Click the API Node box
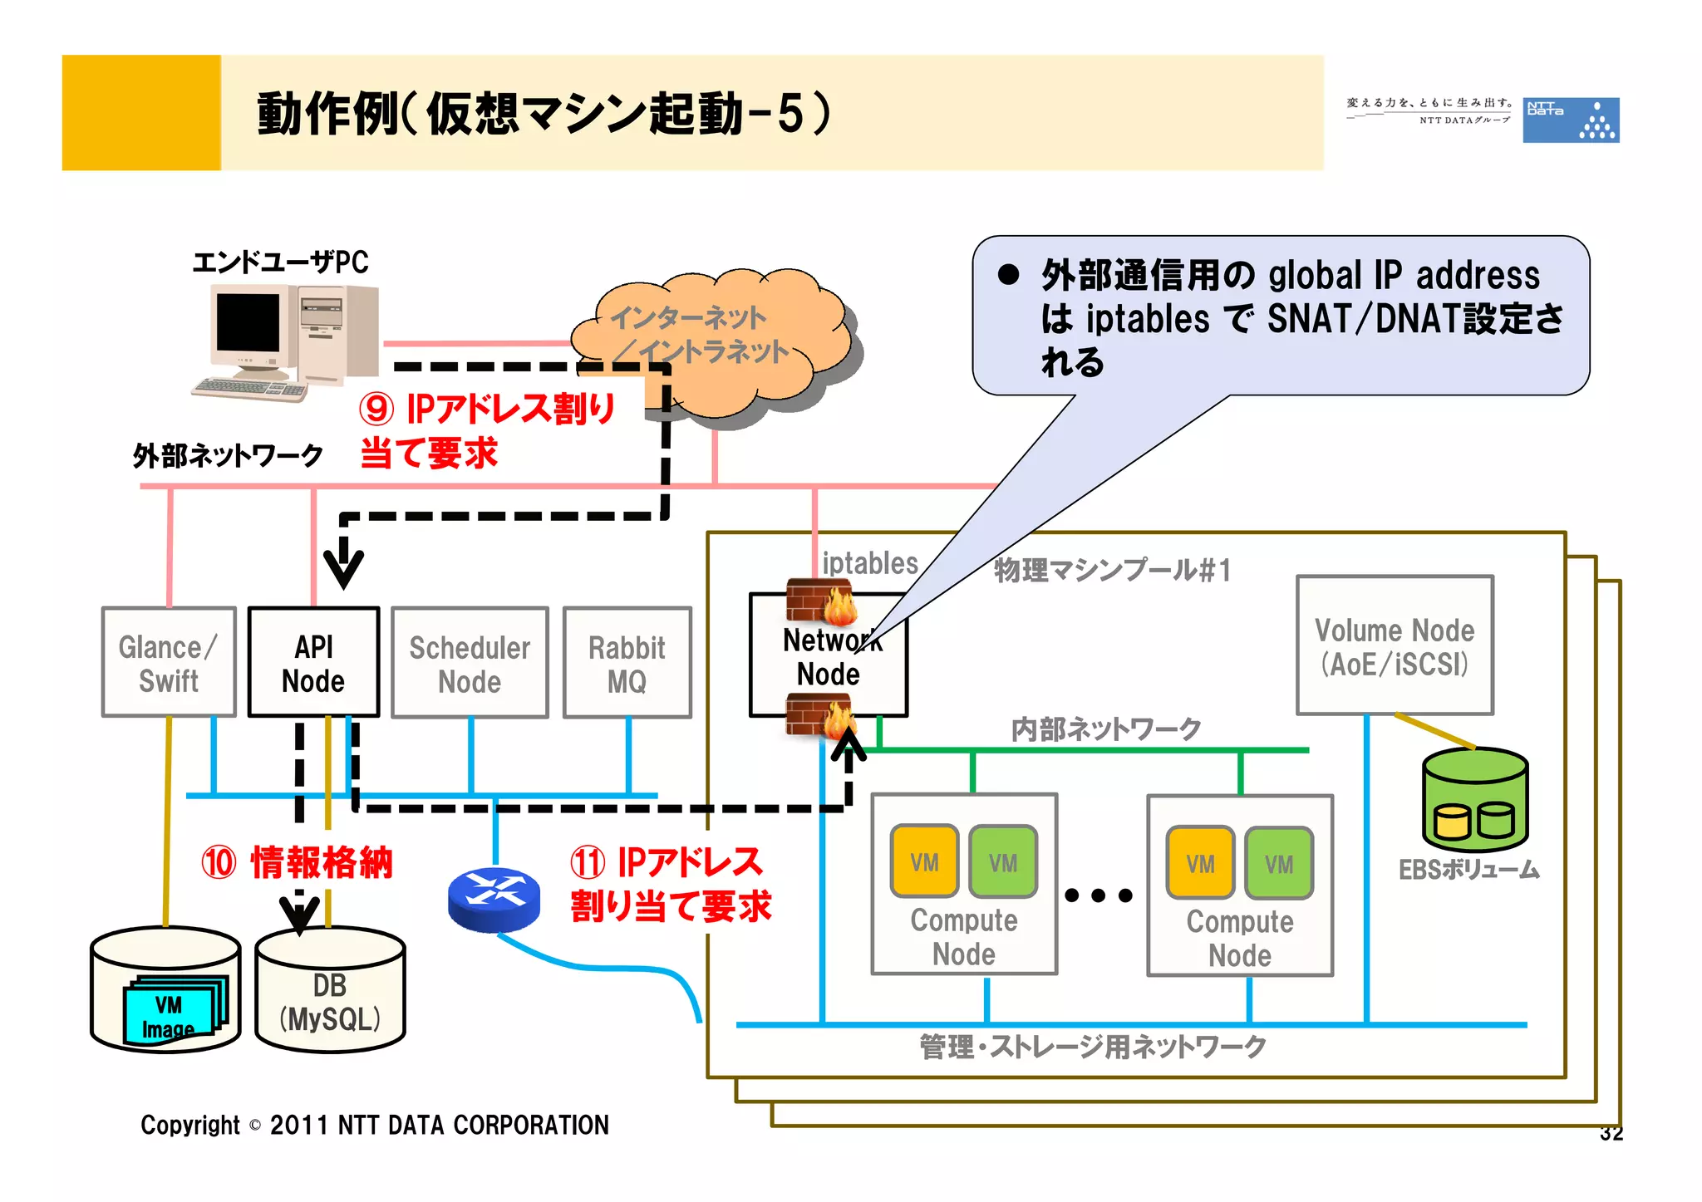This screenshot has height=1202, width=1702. [313, 662]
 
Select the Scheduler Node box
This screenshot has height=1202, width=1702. [470, 662]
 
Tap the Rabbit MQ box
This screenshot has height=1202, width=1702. [627, 662]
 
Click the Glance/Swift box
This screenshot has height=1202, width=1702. [169, 662]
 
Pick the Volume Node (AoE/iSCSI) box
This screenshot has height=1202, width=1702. [1395, 645]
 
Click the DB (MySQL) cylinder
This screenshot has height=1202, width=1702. [330, 993]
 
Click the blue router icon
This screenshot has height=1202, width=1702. [494, 899]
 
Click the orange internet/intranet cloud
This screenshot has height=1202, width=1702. [715, 345]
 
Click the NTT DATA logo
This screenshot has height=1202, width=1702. [1570, 120]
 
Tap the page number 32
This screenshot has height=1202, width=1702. [1611, 1134]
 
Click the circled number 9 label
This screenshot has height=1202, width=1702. [376, 409]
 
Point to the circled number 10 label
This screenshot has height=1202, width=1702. [219, 862]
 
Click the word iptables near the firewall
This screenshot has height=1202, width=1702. [869, 563]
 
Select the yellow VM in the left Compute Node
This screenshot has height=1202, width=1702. [924, 861]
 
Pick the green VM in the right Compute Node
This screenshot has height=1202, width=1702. [1279, 863]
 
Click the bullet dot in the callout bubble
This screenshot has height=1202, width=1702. [1008, 275]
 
